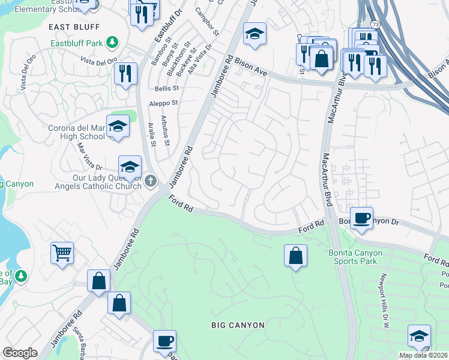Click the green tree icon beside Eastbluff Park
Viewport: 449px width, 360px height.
[x=111, y=42]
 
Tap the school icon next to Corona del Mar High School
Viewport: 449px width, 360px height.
[x=118, y=127]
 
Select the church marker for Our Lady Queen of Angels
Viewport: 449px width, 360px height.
[x=150, y=180]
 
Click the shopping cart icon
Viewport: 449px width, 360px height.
[x=62, y=253]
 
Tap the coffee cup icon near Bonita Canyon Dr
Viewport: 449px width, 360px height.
[x=361, y=218]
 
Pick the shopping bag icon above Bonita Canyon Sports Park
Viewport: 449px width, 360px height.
[x=295, y=256]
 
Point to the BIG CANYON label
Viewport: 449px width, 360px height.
[x=238, y=325]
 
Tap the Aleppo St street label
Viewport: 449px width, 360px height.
[x=164, y=103]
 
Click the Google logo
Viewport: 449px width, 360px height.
[x=20, y=353]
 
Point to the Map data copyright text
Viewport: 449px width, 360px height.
[x=423, y=355]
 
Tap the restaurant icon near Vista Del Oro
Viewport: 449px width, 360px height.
[x=125, y=74]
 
